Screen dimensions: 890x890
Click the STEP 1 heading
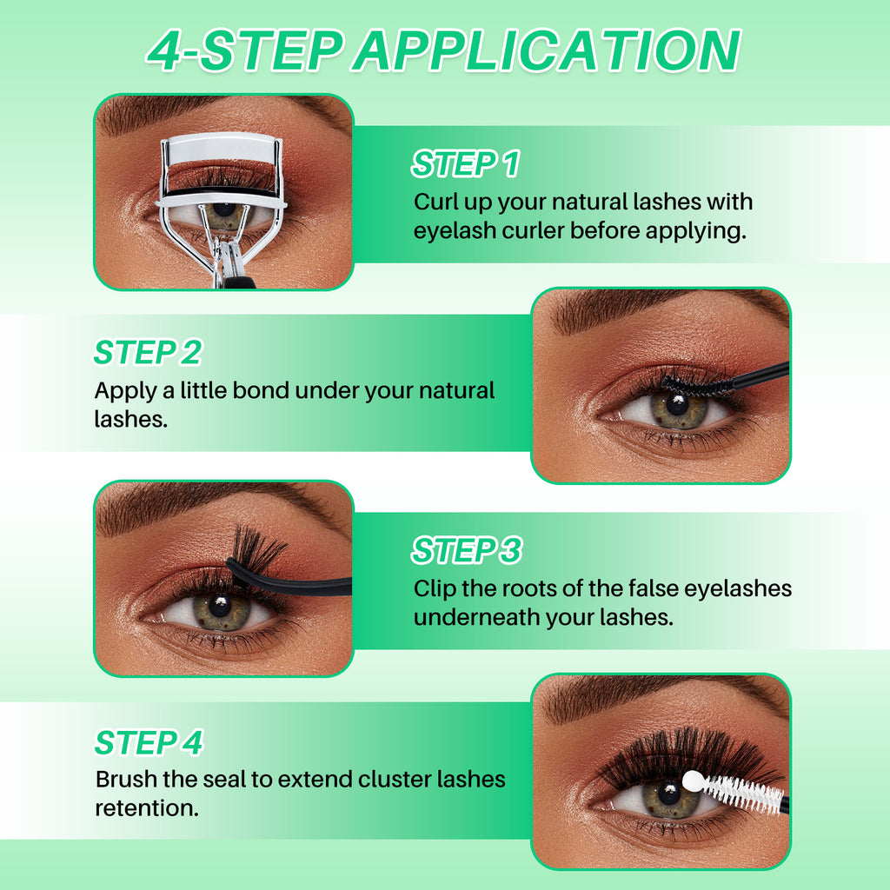[465, 163]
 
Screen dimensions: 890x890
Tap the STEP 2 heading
[148, 353]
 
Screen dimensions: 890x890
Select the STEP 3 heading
[466, 550]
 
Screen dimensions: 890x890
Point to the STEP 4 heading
[149, 743]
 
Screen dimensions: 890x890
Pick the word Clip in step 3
[435, 588]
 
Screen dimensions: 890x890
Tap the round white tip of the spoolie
[693, 781]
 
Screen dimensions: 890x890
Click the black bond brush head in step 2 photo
[695, 384]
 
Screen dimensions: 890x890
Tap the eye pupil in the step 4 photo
[668, 794]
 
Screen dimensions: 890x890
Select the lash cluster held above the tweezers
[257, 549]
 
